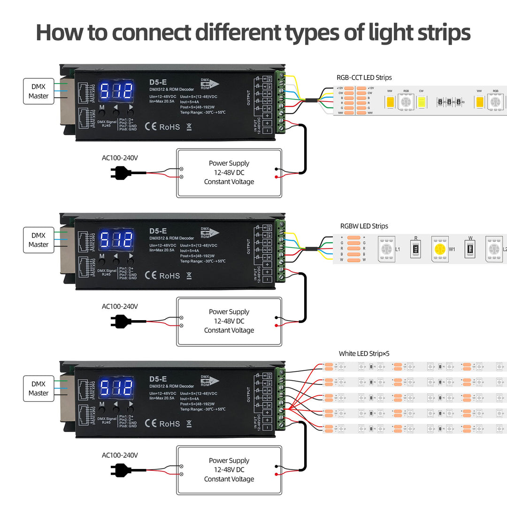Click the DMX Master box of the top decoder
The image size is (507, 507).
(38, 91)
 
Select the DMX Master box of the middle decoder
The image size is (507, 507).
(38, 240)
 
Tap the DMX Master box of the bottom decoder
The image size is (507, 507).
(38, 388)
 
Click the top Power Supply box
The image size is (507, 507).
(229, 173)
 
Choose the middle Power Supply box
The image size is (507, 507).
(229, 321)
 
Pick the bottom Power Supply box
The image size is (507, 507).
(229, 469)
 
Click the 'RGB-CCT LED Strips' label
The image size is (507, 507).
(364, 77)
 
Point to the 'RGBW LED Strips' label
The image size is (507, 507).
(364, 226)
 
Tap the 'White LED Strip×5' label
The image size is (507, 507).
(364, 353)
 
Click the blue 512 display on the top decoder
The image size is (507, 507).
(116, 90)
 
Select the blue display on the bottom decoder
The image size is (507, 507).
(116, 387)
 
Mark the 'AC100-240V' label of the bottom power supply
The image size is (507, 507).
(120, 455)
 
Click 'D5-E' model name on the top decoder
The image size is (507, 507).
(158, 82)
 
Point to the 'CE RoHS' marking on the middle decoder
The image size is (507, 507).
(162, 275)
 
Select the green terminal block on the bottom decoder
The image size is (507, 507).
(281, 399)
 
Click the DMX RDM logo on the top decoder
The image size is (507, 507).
(209, 84)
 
